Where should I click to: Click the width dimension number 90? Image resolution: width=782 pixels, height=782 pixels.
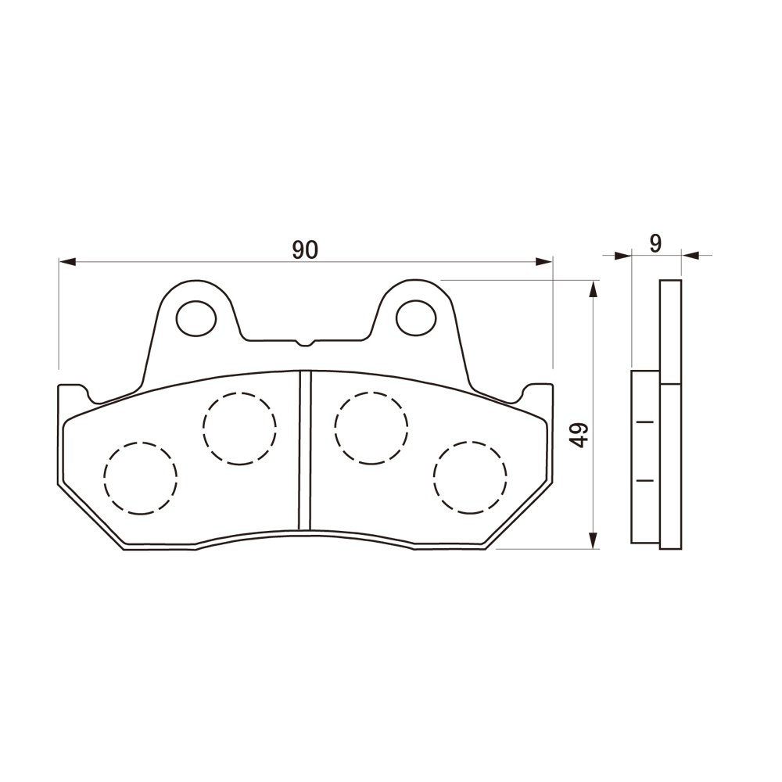(305, 249)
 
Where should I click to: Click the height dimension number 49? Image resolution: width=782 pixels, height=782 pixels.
(580, 435)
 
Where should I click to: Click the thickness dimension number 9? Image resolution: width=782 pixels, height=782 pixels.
(656, 243)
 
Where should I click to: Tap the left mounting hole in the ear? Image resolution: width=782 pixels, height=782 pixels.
(196, 318)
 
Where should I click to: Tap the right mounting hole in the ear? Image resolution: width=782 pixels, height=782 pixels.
(416, 317)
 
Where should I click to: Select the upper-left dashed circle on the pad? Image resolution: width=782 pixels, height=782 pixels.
(240, 429)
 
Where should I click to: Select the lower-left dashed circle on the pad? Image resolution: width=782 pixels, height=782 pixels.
(141, 478)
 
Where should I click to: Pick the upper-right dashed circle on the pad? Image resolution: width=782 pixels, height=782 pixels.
(371, 429)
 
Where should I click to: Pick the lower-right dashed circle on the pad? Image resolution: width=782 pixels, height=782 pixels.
(470, 478)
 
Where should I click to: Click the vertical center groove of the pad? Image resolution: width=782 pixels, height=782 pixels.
(305, 450)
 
